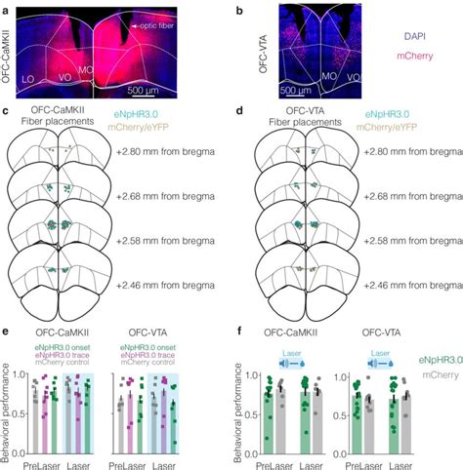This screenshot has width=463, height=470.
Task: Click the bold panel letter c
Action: point(6,110)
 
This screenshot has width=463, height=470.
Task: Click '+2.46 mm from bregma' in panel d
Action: point(407,285)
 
